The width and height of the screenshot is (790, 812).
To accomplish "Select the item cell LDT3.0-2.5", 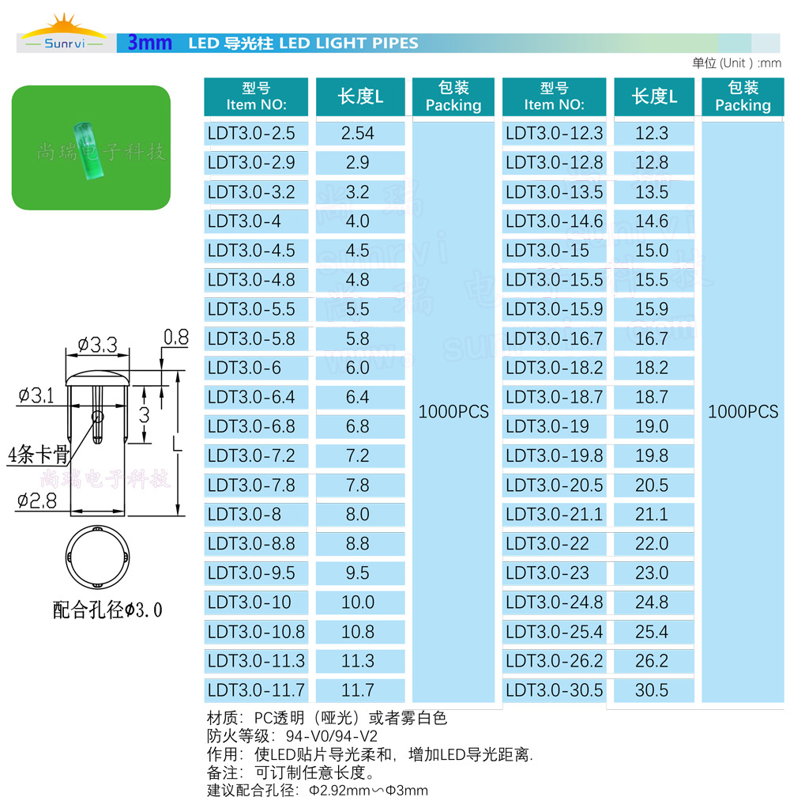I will point(252,133).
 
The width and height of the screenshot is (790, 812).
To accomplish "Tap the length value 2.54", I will point(358,133).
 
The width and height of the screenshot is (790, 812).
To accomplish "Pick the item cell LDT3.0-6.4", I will point(251,397).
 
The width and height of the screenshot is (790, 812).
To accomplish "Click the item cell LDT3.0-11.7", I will point(256,690).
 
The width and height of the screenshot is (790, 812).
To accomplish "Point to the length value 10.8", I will point(358,632).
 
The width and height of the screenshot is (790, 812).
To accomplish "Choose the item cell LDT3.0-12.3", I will point(554,133).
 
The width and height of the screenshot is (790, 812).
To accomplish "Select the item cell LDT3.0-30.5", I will point(554,690).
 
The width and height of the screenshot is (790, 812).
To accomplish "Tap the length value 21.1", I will point(652,515).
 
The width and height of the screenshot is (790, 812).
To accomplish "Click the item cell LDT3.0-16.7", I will point(554,338).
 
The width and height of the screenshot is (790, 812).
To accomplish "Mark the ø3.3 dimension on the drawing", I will point(97,345).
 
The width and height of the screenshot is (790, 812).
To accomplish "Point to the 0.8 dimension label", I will point(175,338).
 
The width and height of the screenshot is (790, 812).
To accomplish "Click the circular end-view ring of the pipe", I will point(99,556).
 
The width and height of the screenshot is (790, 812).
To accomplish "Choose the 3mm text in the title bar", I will point(149,43).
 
